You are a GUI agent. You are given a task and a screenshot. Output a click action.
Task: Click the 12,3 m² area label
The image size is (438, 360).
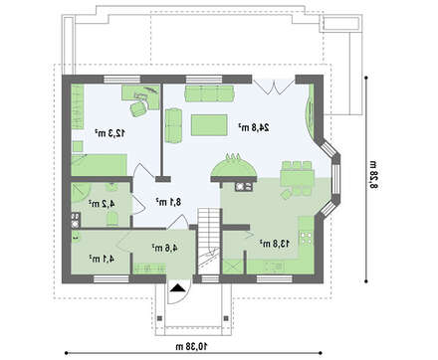pyautogui.click(x=109, y=133)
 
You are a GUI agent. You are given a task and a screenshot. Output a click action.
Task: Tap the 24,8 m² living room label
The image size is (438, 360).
pyautogui.click(x=254, y=127)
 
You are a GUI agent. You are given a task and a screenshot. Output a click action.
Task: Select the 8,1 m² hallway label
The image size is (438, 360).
pyautogui.click(x=169, y=202)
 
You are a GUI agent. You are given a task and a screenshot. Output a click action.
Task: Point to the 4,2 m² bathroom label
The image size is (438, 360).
pyautogui.click(x=102, y=203)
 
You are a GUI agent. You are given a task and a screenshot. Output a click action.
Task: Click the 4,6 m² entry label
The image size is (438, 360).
pyautogui.click(x=165, y=248)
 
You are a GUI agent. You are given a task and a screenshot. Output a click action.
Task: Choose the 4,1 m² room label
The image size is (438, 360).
pyautogui.click(x=102, y=259)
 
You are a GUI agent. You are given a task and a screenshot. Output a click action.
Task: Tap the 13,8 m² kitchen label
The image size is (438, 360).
pyautogui.click(x=275, y=244)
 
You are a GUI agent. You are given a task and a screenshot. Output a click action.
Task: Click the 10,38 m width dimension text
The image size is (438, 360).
pyautogui.click(x=191, y=347)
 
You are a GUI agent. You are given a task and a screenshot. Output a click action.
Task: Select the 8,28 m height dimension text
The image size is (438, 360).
pyautogui.click(x=374, y=175)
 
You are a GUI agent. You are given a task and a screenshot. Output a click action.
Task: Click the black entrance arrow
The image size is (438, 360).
pyautogui.click(x=178, y=288)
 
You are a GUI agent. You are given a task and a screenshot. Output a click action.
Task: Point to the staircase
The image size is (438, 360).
pyautogui.click(x=209, y=241)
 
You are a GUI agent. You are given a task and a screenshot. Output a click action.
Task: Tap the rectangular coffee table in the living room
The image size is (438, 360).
pyautogui.click(x=209, y=125)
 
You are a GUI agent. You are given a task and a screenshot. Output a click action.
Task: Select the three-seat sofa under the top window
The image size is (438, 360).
pyautogui.click(x=210, y=93)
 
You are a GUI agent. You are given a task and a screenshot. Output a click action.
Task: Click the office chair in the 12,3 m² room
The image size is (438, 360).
pyautogui.click(x=138, y=108)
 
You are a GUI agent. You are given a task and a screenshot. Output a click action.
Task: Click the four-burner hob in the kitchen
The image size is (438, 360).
pyautogui.click(x=306, y=238)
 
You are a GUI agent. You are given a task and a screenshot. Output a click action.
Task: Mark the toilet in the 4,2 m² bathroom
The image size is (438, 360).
pyautogui.click(x=112, y=219)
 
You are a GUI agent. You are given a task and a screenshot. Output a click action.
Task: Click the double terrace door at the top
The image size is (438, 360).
pyautogui.click(x=274, y=86)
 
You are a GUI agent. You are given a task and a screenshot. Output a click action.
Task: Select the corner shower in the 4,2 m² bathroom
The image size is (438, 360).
pyautogui.click(x=81, y=193)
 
